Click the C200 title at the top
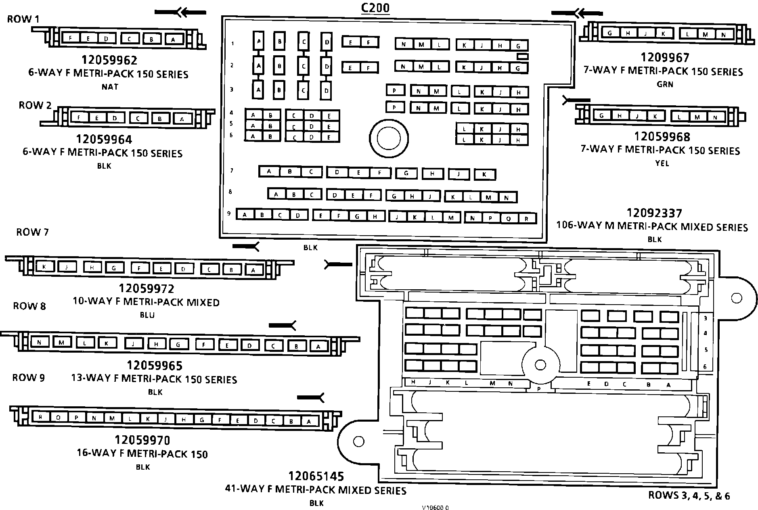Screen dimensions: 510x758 click(375, 8)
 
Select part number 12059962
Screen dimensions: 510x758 click(109, 60)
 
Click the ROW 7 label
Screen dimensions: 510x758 click(32, 232)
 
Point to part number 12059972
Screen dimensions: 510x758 click(146, 288)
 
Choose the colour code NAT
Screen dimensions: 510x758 click(110, 87)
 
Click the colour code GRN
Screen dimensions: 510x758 click(665, 84)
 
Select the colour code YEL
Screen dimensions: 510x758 click(662, 163)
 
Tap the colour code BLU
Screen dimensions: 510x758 click(147, 315)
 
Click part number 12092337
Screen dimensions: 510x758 click(654, 213)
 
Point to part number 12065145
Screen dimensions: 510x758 click(316, 477)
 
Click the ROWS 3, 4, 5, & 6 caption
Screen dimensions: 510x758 click(689, 495)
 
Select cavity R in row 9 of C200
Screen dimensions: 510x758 click(526, 219)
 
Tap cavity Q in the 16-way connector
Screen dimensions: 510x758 click(59, 418)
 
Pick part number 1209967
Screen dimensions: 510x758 click(665, 58)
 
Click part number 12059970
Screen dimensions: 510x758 click(142, 440)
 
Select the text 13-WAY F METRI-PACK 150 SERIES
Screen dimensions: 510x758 click(154, 379)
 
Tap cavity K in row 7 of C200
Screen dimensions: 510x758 click(484, 174)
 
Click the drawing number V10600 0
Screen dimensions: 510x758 click(435, 508)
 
